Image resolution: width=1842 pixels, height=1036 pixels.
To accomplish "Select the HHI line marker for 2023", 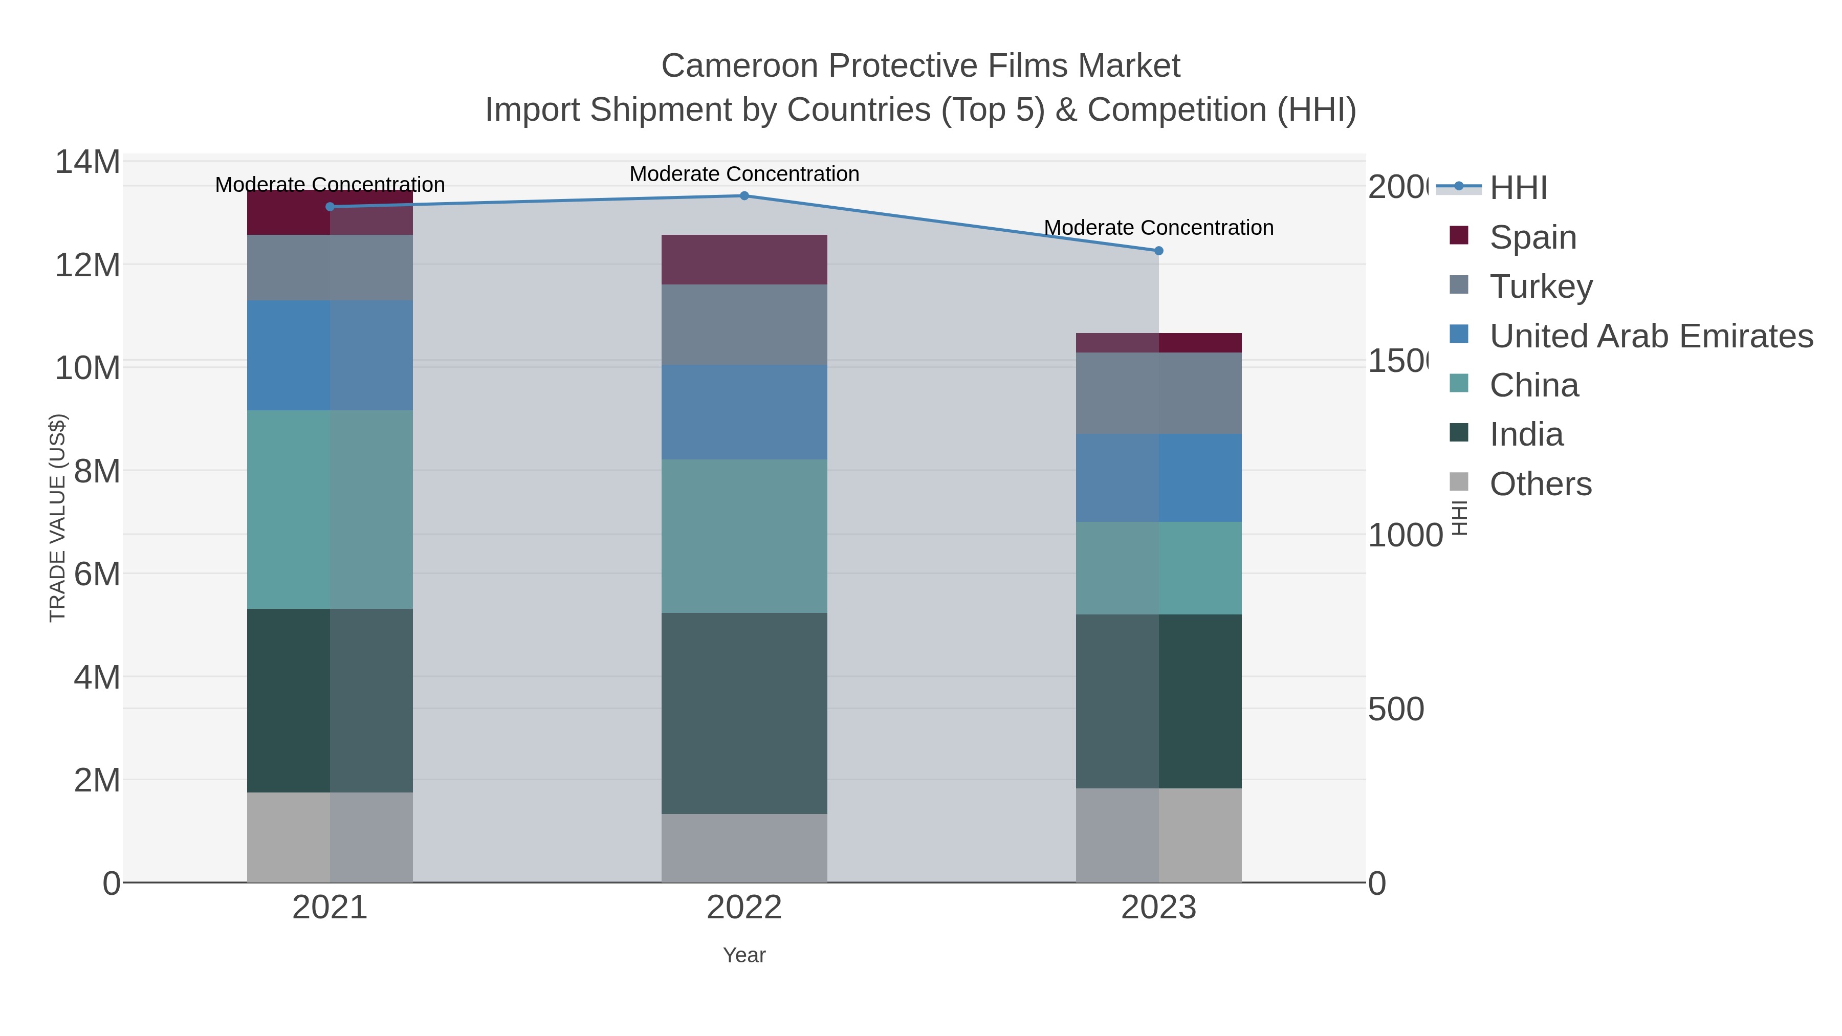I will (1158, 251).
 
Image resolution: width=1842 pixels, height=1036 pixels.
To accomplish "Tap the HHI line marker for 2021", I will (330, 207).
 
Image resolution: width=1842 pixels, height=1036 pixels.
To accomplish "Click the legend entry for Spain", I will (1532, 237).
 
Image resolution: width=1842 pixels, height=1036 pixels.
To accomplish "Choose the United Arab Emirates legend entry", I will (1650, 336).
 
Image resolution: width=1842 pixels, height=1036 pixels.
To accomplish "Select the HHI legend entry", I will (1518, 188).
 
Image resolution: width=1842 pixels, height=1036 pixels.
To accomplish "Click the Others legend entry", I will (1540, 484).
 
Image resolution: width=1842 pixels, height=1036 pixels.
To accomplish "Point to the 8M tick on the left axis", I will (97, 471).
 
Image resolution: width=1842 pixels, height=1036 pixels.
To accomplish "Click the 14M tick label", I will (87, 162).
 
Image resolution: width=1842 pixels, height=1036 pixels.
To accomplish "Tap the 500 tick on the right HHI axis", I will (1395, 709).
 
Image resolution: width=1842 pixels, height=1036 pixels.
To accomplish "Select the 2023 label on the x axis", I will (1158, 907).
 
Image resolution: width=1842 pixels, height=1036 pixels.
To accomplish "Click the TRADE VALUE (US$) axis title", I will (57, 518).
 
